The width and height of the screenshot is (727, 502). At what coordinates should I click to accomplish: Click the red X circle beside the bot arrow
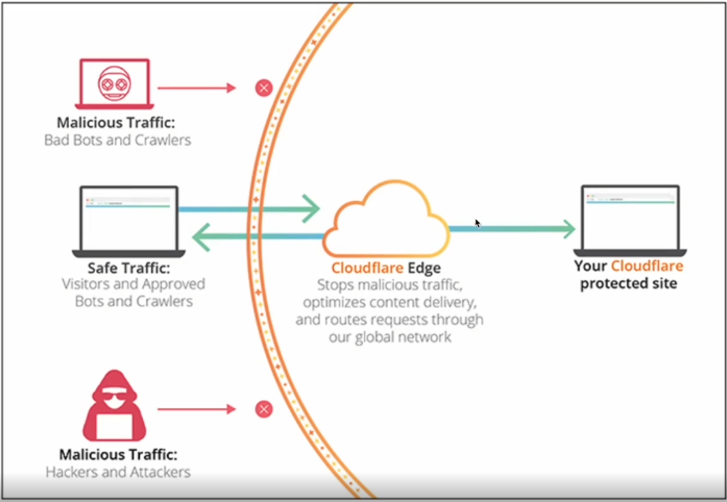[264, 88]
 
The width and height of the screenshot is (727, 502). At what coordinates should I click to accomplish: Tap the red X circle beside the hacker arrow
[264, 410]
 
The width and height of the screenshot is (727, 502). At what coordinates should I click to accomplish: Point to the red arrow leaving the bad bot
[196, 88]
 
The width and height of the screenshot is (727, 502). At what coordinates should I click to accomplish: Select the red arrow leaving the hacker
[196, 410]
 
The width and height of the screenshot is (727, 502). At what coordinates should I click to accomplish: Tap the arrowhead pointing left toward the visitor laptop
[203, 236]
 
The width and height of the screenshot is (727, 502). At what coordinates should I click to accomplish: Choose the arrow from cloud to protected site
[511, 228]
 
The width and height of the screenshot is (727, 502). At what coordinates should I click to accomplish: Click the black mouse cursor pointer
[477, 223]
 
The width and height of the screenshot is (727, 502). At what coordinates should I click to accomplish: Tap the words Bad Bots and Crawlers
[118, 139]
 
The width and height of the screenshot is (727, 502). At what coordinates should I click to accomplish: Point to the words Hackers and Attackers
[118, 471]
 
